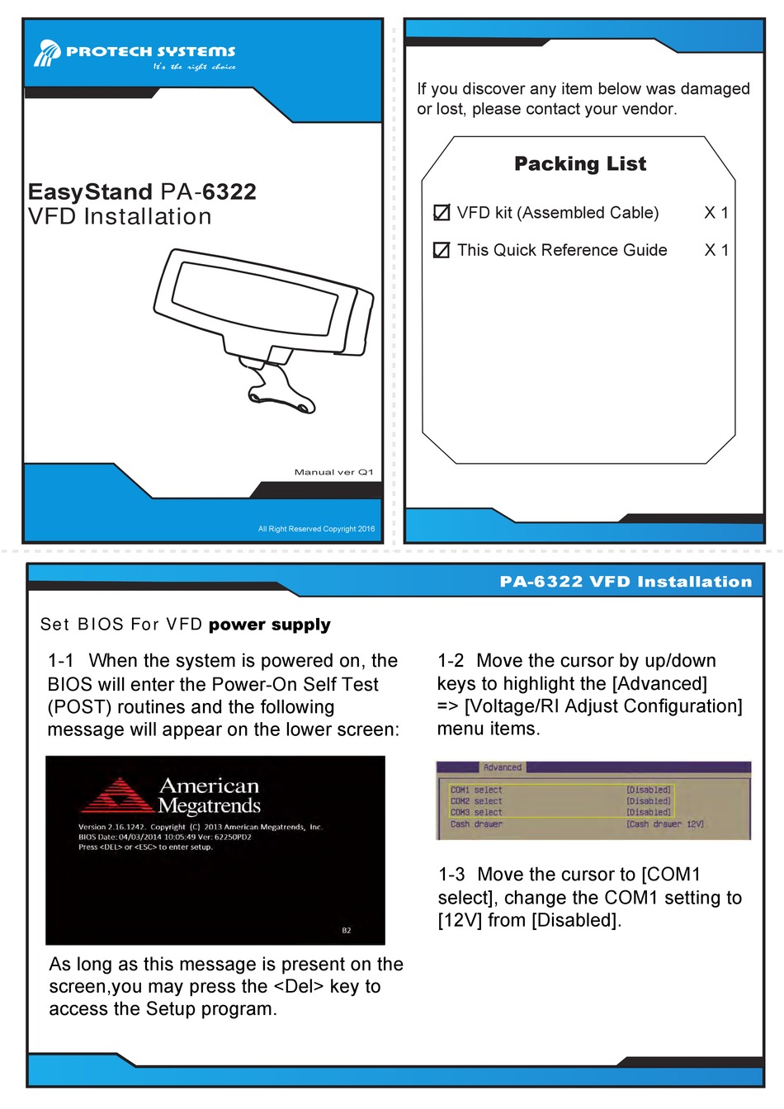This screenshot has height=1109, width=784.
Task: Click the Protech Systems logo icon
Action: tap(47, 53)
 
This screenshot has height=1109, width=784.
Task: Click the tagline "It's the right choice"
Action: tap(194, 67)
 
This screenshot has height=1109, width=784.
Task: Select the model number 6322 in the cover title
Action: tap(229, 192)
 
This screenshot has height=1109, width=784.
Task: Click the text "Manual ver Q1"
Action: tap(333, 472)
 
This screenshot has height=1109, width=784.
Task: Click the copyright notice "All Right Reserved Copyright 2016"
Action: tap(316, 529)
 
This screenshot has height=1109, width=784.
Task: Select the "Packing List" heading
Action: tap(580, 163)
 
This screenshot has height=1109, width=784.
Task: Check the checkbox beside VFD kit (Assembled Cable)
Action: tap(442, 213)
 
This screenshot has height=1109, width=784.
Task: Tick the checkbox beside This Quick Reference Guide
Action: tap(442, 250)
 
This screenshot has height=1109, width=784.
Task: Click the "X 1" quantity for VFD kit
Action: tap(716, 213)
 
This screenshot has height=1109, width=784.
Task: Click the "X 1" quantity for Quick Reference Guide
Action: tap(716, 250)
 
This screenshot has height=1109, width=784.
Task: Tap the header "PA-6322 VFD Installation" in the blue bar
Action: tap(626, 582)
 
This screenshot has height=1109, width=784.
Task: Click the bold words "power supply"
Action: tap(270, 625)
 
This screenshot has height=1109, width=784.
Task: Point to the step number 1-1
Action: tap(61, 661)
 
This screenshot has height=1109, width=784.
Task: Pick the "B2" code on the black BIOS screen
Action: tap(347, 930)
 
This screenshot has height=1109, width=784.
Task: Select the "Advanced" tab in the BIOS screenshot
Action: tap(502, 767)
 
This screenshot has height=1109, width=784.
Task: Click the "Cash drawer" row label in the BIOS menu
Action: tap(476, 824)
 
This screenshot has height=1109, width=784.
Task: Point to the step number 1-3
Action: tap(451, 875)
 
